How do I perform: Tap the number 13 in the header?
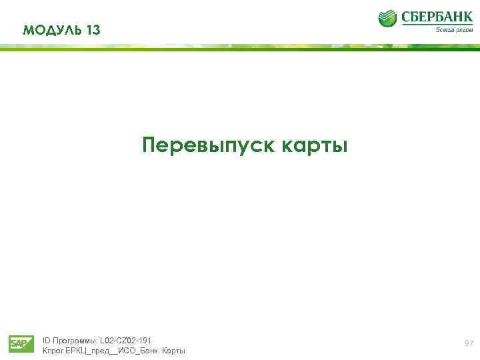93,30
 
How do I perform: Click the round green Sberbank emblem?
387,19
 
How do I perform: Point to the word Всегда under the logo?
445,29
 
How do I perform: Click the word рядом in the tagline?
465,29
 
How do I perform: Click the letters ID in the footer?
46,340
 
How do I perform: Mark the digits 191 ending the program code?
145,340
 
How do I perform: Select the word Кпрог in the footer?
53,351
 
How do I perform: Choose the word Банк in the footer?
150,351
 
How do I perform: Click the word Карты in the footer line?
175,351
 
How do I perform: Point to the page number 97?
469,343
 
